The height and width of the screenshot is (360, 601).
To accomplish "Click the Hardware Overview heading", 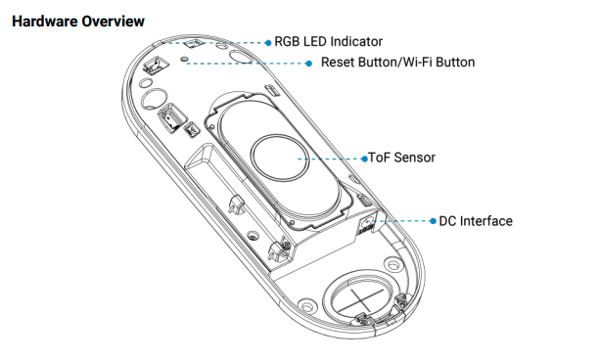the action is click(78, 22).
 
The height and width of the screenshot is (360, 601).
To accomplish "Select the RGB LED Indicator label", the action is click(329, 41).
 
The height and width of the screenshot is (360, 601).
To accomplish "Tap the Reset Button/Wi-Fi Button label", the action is click(397, 62).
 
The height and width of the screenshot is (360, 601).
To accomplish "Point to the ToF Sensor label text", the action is click(401, 157).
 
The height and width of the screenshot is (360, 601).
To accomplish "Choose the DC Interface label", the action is click(476, 221).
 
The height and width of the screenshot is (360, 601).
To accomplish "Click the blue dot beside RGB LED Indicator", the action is click(268, 43).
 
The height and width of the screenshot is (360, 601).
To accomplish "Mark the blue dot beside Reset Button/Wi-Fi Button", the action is click(309, 64).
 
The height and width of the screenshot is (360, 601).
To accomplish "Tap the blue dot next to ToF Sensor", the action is click(364, 158).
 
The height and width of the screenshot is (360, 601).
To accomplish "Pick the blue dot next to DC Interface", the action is click(433, 221).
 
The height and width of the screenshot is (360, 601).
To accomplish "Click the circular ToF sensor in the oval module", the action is click(280, 158).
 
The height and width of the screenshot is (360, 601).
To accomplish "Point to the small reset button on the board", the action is click(184, 59).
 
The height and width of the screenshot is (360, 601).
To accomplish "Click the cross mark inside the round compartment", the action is click(361, 299).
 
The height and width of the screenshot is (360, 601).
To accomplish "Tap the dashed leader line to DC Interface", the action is click(404, 221).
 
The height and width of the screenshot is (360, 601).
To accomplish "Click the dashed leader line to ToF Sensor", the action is click(330, 158).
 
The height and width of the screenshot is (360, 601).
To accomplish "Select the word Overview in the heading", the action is click(114, 22).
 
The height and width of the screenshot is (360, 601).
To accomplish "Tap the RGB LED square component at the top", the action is click(192, 43).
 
